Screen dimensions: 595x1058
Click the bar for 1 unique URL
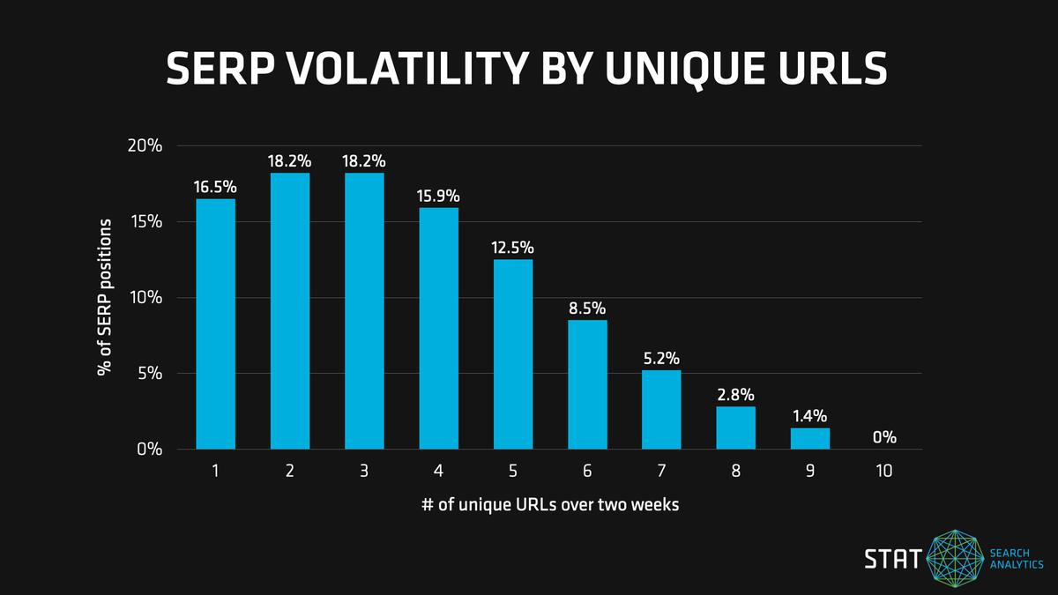click(215, 324)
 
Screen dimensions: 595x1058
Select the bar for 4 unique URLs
click(438, 328)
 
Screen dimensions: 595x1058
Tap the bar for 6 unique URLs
click(587, 384)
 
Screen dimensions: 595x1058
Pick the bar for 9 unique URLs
click(810, 438)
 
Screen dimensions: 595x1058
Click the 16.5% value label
click(215, 187)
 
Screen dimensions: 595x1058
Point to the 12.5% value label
click(512, 248)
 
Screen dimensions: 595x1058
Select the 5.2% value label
click(661, 359)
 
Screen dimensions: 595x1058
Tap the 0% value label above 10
click(884, 436)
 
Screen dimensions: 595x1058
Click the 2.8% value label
click(735, 394)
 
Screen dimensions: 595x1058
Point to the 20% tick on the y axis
click(145, 145)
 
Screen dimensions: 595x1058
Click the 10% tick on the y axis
click(145, 298)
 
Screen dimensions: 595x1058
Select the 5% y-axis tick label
click(150, 374)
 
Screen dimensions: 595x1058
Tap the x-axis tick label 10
click(884, 472)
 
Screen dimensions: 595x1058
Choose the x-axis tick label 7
click(661, 472)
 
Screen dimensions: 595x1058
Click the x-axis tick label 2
click(289, 472)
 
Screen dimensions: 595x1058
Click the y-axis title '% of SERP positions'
click(104, 297)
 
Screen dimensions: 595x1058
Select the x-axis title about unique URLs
click(549, 505)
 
